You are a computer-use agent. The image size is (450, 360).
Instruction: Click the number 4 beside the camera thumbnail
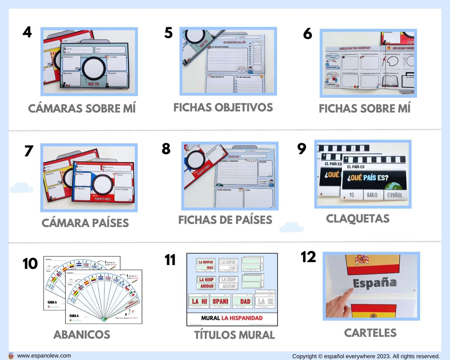27,32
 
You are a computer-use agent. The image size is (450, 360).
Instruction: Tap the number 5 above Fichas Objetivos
168,33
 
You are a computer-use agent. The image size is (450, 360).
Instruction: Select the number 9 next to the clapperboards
301,149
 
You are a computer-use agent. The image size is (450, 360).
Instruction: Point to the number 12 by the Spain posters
308,257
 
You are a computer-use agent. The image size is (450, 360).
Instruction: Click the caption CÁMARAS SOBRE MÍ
82,108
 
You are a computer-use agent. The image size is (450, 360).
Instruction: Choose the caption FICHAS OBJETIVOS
223,108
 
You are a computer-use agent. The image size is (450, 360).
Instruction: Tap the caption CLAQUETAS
358,219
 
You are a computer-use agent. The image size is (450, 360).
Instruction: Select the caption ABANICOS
82,335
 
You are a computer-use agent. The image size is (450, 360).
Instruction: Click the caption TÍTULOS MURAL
234,335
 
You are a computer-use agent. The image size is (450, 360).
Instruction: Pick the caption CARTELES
370,333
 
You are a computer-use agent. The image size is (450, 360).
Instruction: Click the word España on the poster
375,283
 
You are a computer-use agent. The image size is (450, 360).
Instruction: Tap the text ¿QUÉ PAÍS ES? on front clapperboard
368,178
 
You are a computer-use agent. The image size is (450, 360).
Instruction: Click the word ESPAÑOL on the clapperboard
395,195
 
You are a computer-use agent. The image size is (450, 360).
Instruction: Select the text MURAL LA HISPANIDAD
232,318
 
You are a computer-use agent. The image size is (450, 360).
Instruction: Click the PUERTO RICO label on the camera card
103,199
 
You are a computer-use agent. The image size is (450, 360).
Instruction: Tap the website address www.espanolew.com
44,356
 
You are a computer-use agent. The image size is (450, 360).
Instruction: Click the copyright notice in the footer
366,356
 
